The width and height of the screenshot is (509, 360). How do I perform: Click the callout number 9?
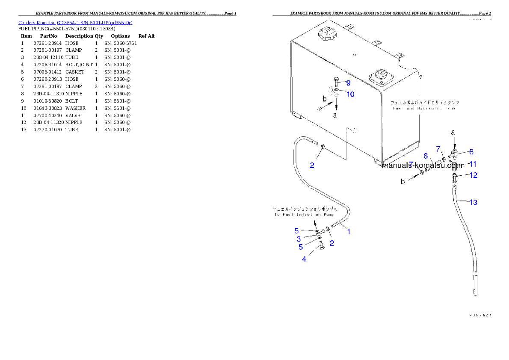348,83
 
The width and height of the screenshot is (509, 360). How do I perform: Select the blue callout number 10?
350,94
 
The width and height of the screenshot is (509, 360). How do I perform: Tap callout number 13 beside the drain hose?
473,202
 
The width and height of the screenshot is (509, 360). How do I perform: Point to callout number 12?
473,175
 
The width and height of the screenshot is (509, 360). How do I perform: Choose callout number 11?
473,163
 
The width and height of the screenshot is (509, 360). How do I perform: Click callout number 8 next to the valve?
471,151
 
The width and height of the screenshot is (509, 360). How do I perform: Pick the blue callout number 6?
426,155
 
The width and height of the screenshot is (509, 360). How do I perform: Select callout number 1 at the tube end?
349,232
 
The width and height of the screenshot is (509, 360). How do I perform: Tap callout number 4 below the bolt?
304,259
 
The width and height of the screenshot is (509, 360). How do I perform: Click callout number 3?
299,239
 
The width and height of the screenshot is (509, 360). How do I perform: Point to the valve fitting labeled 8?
454,154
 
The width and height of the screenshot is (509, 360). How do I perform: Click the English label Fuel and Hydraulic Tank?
424,109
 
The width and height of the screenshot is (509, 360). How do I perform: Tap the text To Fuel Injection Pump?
305,215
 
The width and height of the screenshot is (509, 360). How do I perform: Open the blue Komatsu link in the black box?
75,22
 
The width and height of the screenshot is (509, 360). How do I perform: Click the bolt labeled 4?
322,245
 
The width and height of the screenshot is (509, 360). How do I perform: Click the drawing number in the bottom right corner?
480,315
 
